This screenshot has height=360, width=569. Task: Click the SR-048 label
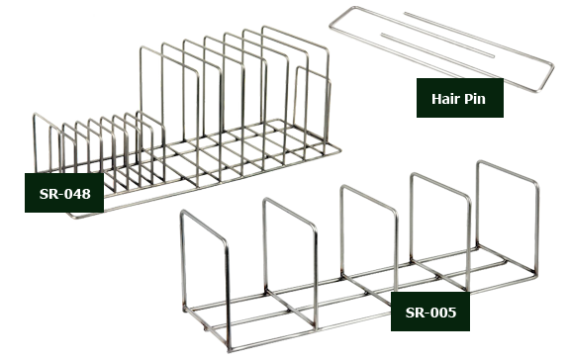(x=64, y=193)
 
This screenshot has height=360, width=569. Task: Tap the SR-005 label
(x=430, y=312)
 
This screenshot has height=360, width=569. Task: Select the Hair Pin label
(x=460, y=98)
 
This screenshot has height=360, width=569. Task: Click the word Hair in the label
(x=445, y=98)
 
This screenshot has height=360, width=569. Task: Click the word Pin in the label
(x=474, y=99)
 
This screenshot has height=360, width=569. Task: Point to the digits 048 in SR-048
(x=77, y=194)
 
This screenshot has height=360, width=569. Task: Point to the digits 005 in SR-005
(x=443, y=313)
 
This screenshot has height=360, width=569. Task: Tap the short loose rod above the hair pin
(x=449, y=35)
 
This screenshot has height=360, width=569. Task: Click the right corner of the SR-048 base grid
(x=339, y=148)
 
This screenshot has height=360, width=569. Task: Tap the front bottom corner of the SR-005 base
(x=230, y=350)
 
